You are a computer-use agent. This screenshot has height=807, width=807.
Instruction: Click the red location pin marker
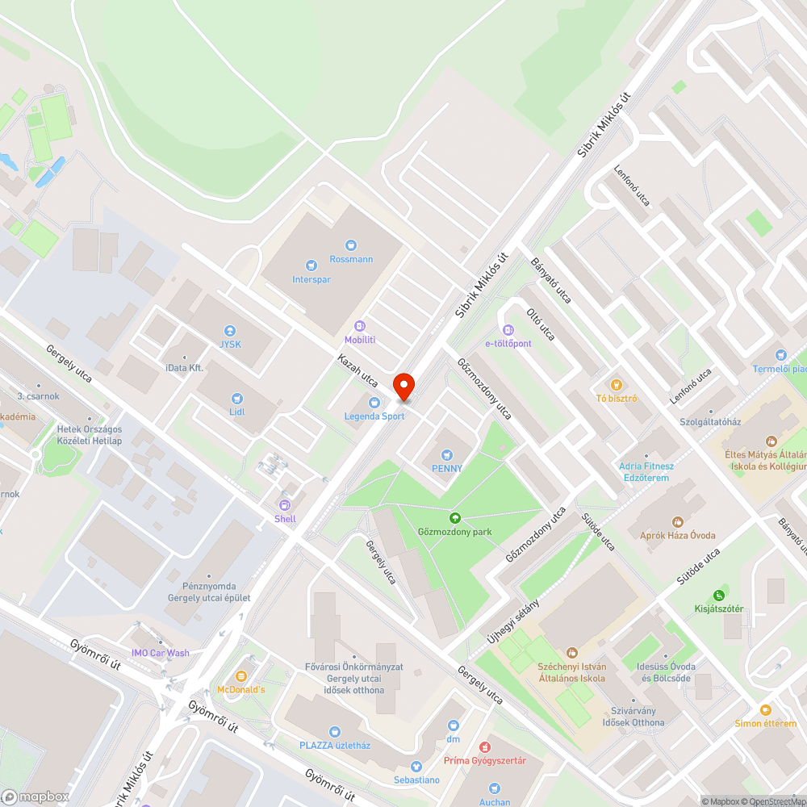pos(403,387)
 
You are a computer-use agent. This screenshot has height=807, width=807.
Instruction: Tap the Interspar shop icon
pos(312,265)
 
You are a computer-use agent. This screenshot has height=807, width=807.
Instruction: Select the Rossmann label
pos(351,259)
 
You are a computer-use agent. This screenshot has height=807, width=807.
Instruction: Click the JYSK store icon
pos(229,331)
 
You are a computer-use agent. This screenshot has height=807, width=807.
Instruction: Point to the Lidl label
pos(236,412)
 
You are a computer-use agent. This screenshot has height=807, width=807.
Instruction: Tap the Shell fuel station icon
pos(285,504)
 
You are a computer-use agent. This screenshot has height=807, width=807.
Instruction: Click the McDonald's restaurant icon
pos(240,675)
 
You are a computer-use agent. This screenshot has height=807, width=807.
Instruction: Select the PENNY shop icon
pos(447,454)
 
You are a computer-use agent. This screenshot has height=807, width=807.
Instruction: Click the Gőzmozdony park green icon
pos(454,518)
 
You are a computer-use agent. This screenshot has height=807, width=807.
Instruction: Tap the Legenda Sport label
pos(374,416)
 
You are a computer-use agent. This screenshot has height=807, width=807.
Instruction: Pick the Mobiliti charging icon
pos(360,326)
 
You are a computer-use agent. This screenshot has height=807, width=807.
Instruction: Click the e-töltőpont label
pos(508,343)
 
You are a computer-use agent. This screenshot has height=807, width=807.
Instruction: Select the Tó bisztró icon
pos(617,385)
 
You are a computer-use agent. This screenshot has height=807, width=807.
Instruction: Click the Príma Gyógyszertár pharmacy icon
pos(484,747)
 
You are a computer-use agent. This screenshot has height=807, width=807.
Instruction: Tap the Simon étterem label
pos(765,723)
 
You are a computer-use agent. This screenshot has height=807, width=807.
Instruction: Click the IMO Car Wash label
pos(161,653)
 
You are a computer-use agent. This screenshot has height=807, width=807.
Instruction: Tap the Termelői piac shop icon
pos(780,355)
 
